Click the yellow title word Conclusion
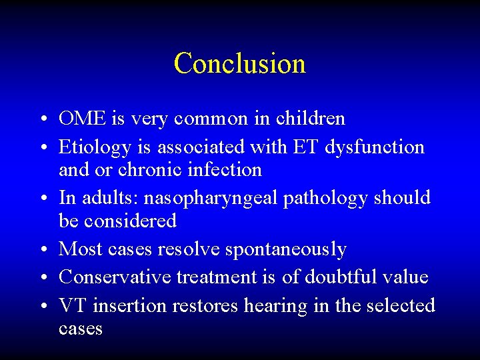pyautogui.click(x=239, y=63)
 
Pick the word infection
pyautogui.click(x=226, y=170)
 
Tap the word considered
pyautogui.click(x=117, y=221)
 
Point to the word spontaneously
pyautogui.click(x=286, y=250)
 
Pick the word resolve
pyautogui.click(x=189, y=250)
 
